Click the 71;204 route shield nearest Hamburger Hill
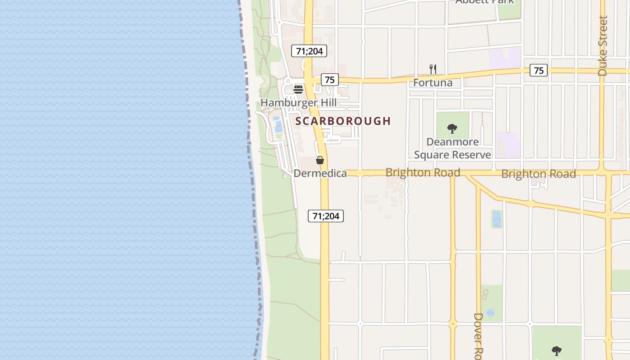tap(309, 51)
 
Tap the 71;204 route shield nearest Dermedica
tap(326, 216)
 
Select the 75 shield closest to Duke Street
tap(539, 70)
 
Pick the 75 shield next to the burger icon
tap(330, 80)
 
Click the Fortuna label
tap(432, 83)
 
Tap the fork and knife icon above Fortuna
tap(433, 69)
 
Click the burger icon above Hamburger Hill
tap(298, 89)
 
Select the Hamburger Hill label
tap(298, 103)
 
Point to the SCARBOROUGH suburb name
tap(343, 121)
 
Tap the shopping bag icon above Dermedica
tap(320, 160)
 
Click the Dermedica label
tap(320, 173)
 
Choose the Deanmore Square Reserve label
tap(452, 148)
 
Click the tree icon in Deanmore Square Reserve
tap(452, 129)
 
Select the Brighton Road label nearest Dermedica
tap(423, 173)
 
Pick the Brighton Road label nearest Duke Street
tap(538, 174)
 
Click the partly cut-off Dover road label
tap(478, 336)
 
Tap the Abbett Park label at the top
tap(484, 2)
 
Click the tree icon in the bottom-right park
tap(557, 350)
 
